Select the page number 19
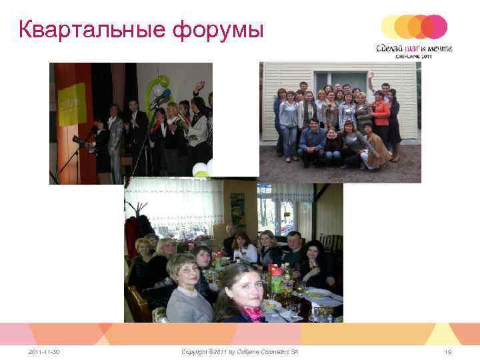tap(447, 351)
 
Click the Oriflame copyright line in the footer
tap(240, 351)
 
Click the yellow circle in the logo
tap(392, 27)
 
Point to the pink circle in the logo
tap(435, 27)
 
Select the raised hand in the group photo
tap(371, 75)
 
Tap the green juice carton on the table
tap(276, 280)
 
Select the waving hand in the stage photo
tap(199, 86)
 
